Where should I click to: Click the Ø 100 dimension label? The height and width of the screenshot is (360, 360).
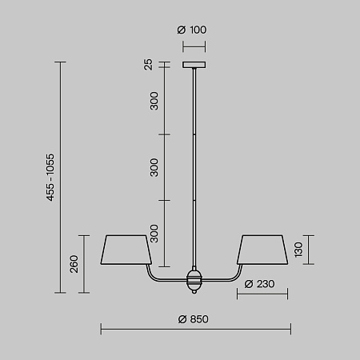(x=192, y=30)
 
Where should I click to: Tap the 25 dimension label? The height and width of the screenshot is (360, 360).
(x=148, y=64)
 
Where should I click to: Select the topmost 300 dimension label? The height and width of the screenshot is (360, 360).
(x=154, y=101)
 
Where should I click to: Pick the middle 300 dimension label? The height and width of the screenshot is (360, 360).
(x=154, y=167)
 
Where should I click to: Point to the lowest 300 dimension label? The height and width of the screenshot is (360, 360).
(x=154, y=234)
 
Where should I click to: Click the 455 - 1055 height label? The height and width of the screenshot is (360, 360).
(x=50, y=178)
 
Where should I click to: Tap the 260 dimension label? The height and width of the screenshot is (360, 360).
(x=74, y=264)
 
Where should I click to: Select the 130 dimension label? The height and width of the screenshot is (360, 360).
(x=298, y=250)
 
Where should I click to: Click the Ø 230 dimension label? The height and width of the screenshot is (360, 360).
(x=259, y=284)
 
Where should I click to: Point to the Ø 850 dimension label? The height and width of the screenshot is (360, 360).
(x=194, y=319)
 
